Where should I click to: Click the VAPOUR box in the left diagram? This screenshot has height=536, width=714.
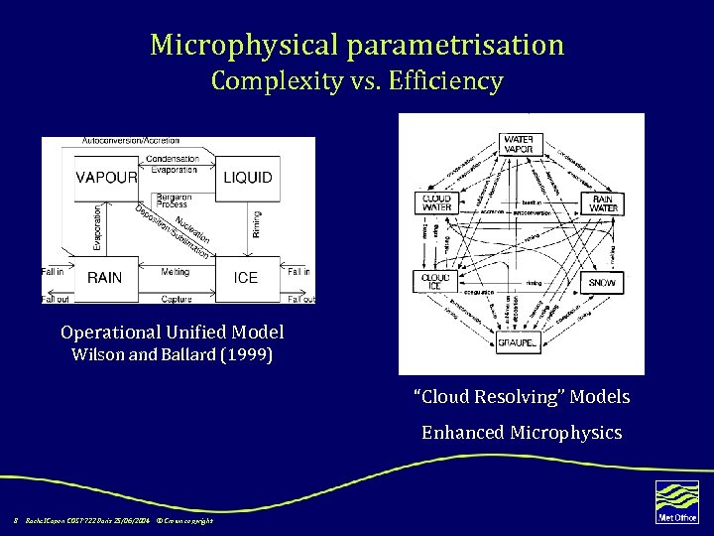106,178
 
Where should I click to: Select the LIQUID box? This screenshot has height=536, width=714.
247,178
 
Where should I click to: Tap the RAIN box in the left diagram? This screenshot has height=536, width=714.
104,278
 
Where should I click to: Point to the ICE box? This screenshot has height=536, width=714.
246,278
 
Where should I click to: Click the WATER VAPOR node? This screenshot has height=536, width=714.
519,144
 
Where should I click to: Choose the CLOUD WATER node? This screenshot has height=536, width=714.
436,203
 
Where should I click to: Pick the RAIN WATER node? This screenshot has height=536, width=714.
603,203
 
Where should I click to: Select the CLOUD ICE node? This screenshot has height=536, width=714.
436,282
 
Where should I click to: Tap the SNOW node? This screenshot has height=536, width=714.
602,283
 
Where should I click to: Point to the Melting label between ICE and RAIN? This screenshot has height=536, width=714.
175,270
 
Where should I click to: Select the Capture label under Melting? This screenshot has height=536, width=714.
177,298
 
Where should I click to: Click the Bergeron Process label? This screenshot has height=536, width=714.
174,201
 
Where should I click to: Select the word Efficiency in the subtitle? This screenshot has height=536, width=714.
447,80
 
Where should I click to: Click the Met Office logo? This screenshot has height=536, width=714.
677,501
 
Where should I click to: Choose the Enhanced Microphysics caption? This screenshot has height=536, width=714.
522,432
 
